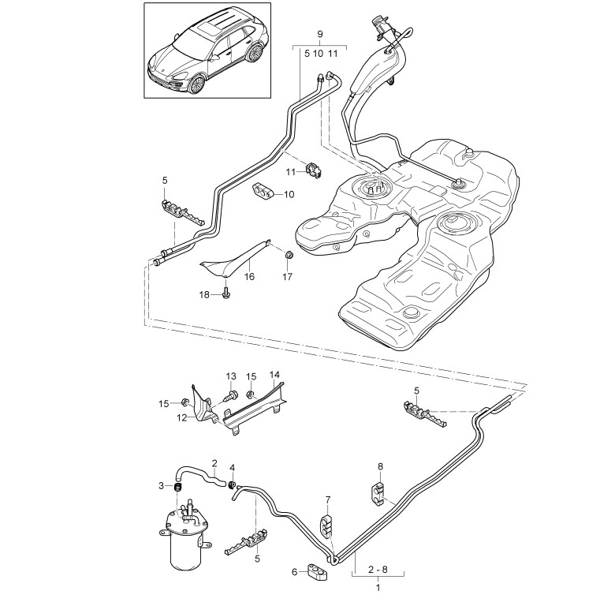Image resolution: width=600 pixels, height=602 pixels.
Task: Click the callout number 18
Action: coord(204,294)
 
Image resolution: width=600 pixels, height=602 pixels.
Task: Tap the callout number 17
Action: coord(287,276)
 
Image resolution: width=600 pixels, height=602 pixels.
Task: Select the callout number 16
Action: coord(249,276)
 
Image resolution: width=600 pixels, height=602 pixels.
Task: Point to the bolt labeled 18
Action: coord(226,292)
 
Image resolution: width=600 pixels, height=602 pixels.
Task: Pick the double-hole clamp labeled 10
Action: coord(264,191)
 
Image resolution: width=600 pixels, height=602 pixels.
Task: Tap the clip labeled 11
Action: coord(314,170)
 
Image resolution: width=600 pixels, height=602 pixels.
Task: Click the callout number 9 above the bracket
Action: coord(320,34)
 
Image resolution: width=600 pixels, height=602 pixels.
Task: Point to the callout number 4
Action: coord(232,468)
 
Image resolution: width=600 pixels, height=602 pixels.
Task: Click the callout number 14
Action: coord(274,375)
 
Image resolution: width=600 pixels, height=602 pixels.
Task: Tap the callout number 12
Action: coord(182,417)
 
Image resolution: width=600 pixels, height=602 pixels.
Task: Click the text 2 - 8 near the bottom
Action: coord(378,570)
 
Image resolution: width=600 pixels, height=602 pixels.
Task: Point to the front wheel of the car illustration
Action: coord(196,84)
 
